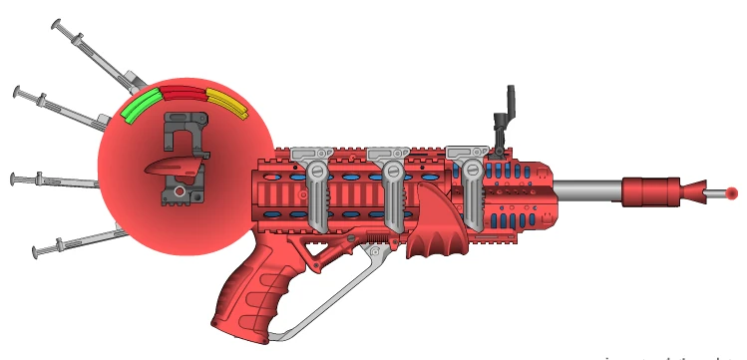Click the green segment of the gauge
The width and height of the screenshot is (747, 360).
[x=138, y=106]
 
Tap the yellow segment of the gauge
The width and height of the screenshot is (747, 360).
[x=227, y=103]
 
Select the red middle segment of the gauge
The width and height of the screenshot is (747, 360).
[x=183, y=93]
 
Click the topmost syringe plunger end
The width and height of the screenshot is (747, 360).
[x=58, y=23]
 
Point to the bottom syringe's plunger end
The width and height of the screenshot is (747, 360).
[x=36, y=250]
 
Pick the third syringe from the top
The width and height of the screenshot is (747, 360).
[x=55, y=181]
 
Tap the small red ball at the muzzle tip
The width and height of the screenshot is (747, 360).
[x=731, y=192]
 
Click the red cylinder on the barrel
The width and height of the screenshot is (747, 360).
[x=648, y=191]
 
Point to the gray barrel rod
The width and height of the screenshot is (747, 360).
[x=588, y=189]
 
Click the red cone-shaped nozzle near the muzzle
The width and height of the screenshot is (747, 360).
[x=690, y=190]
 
